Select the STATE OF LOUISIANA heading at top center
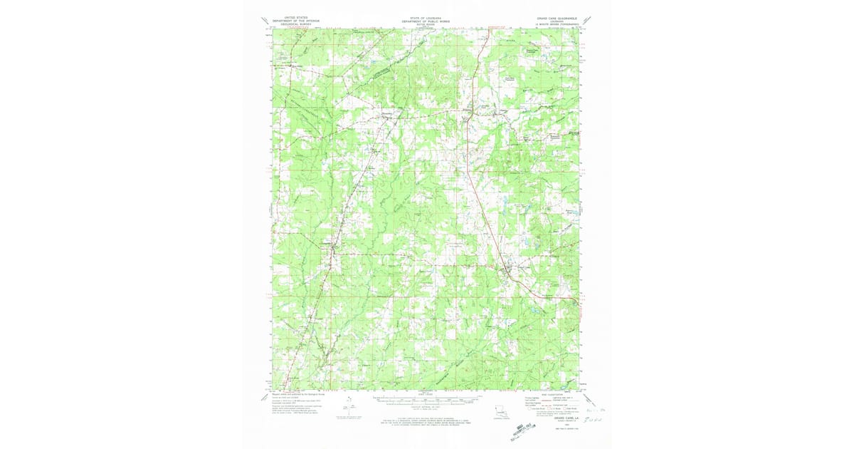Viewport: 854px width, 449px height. [x=426, y=17]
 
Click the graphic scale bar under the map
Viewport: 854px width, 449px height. [x=426, y=399]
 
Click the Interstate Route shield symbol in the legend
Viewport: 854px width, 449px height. [x=529, y=408]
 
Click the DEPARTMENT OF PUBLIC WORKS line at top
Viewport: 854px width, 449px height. [x=426, y=21]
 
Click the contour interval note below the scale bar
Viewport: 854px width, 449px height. [x=426, y=406]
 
